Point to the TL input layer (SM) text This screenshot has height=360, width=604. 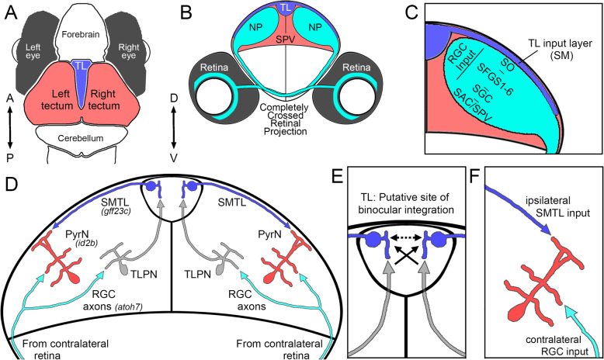(564, 53)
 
